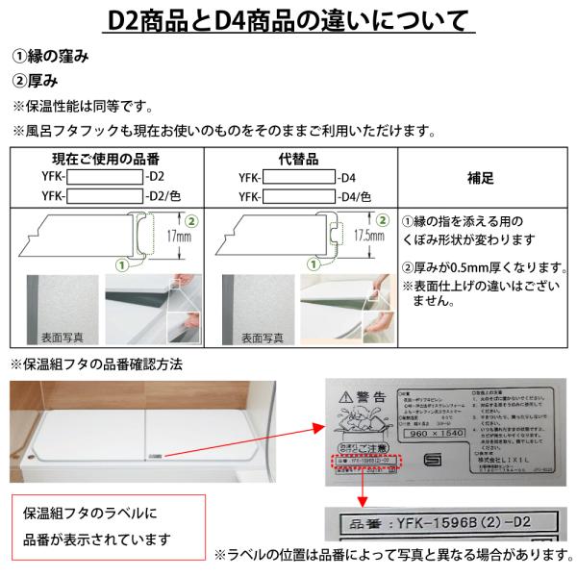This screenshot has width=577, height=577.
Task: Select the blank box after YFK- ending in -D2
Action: pyautogui.click(x=103, y=177)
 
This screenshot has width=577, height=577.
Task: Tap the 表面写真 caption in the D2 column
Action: pyautogui.click(x=63, y=339)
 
